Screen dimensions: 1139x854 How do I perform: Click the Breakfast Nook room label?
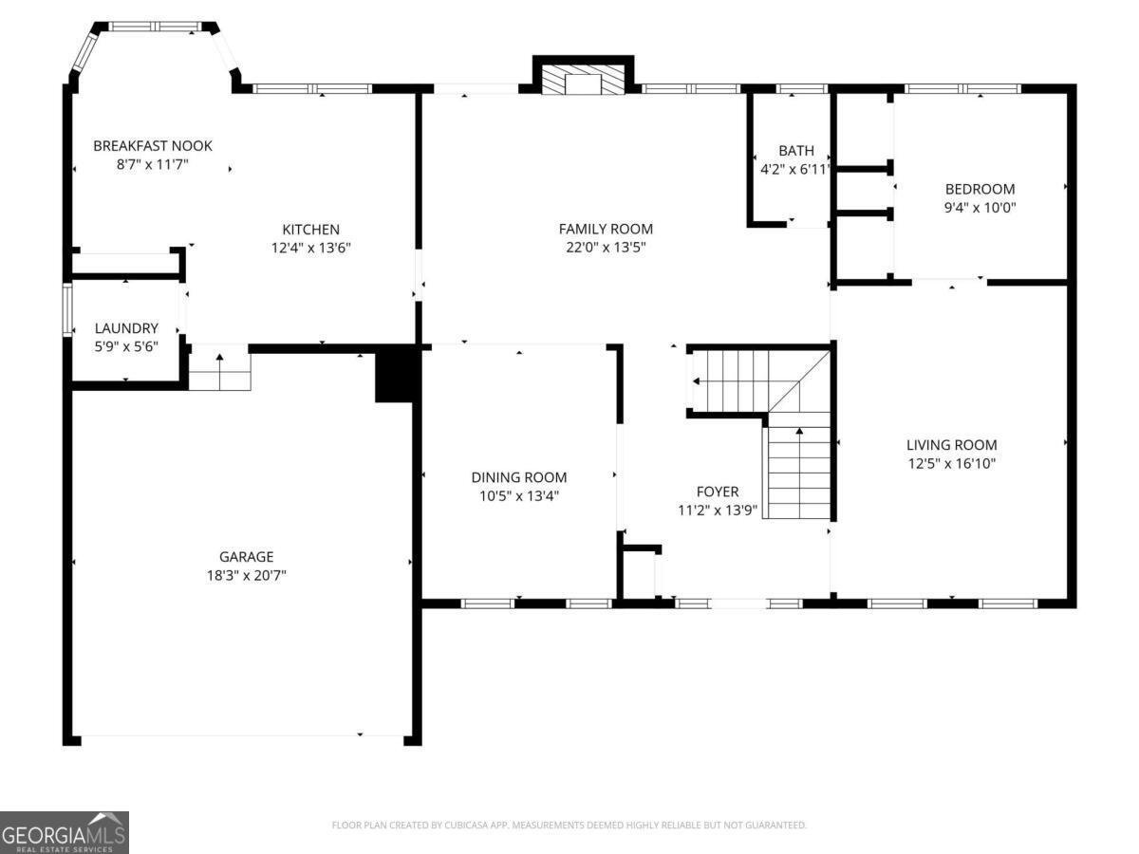click(x=153, y=146)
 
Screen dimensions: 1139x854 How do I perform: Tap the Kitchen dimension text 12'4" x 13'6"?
click(x=310, y=248)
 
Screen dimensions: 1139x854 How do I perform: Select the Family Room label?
click(x=606, y=229)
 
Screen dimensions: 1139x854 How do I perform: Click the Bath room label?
click(x=796, y=151)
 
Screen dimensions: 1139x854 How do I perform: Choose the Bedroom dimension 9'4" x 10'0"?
click(x=980, y=208)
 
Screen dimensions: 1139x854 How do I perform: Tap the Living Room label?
click(x=952, y=445)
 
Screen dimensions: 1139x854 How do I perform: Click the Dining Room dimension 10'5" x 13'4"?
click(x=519, y=495)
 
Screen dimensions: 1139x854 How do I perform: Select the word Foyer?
click(x=718, y=492)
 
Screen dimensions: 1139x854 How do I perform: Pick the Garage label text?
click(x=246, y=557)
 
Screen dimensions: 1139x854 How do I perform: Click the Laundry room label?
click(x=126, y=328)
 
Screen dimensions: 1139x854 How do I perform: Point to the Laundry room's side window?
click(x=67, y=309)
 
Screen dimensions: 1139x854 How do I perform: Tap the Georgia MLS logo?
click(x=65, y=832)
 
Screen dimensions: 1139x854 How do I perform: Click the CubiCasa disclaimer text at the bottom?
click(x=569, y=825)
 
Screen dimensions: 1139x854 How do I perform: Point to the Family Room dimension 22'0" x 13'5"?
click(x=606, y=248)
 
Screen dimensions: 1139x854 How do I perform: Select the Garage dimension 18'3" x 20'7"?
click(x=247, y=576)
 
